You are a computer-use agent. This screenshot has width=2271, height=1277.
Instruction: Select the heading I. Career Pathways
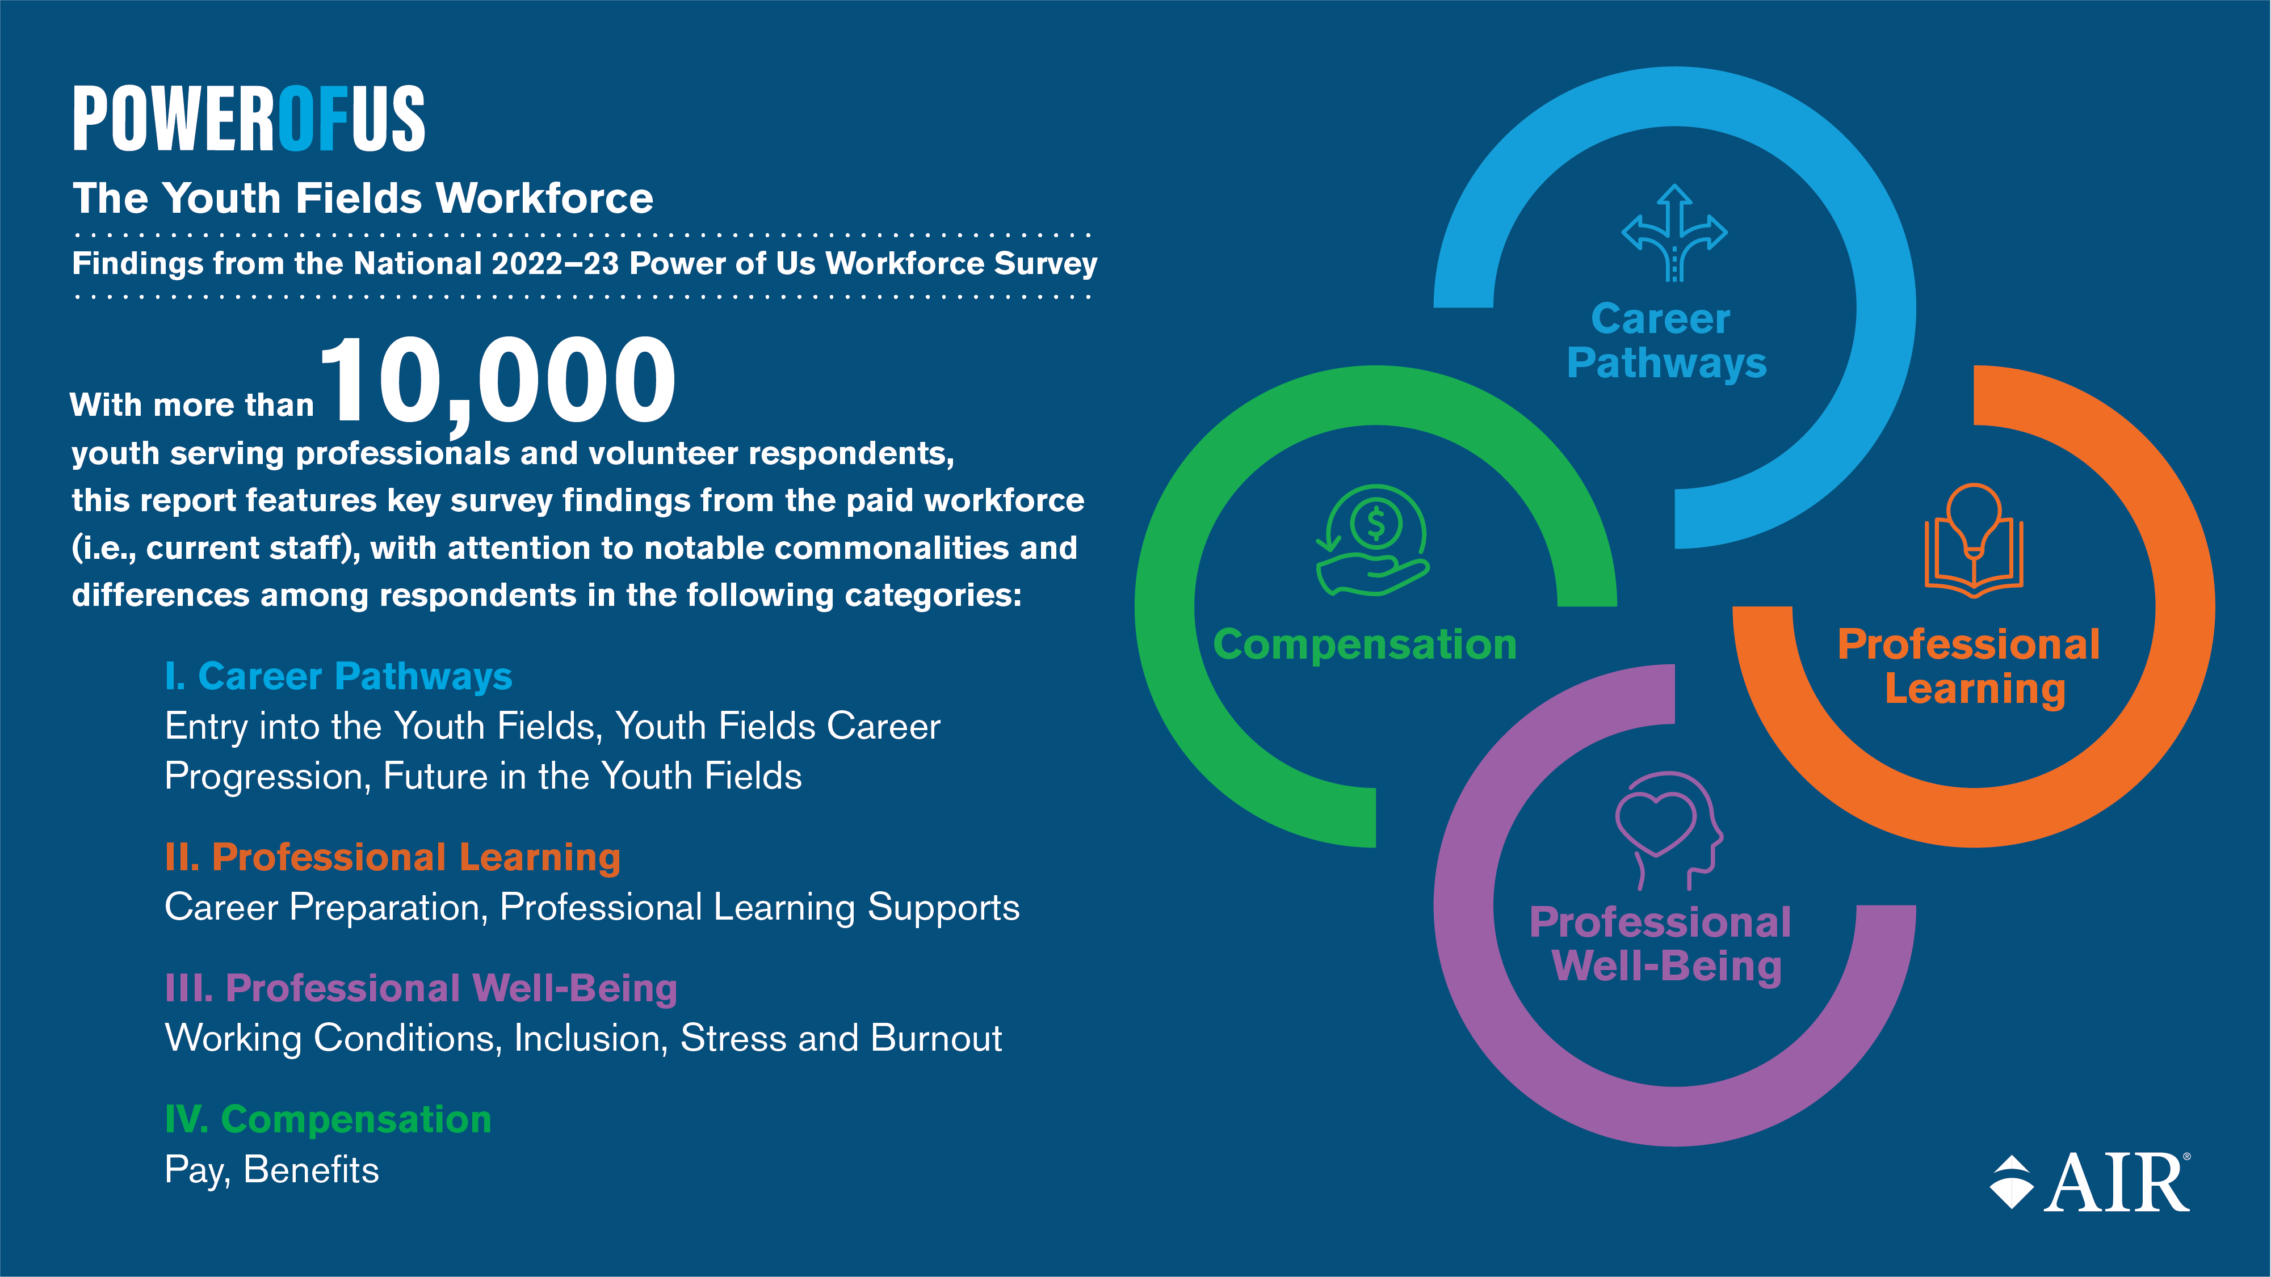click(x=338, y=677)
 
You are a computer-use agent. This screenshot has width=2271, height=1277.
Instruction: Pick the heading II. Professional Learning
click(x=392, y=858)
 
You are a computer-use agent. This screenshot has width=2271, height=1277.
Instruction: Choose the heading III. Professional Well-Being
click(x=421, y=988)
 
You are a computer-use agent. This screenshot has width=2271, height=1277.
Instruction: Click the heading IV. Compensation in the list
click(x=328, y=1119)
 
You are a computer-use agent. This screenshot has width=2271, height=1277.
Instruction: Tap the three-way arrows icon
click(x=1674, y=233)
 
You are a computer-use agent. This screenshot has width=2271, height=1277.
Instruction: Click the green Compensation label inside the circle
click(x=1365, y=644)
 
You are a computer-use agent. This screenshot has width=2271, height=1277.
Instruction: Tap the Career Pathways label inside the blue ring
click(x=1666, y=341)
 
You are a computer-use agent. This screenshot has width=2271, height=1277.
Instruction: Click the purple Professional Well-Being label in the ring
click(x=1660, y=945)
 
